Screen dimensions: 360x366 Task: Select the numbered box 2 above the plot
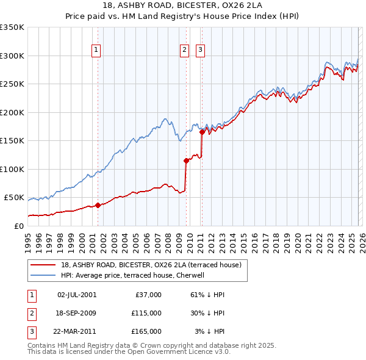click(184, 51)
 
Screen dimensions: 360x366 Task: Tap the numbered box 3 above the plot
click(200, 51)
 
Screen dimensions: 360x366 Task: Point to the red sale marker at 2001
click(98, 205)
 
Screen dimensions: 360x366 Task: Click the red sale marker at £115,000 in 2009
click(186, 161)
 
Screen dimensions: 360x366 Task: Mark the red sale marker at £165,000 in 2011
click(202, 131)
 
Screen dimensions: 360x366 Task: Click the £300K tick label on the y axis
click(12, 56)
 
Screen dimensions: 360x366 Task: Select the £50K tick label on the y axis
click(14, 198)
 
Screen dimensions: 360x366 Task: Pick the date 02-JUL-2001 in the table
click(76, 295)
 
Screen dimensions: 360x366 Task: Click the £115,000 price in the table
click(147, 313)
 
